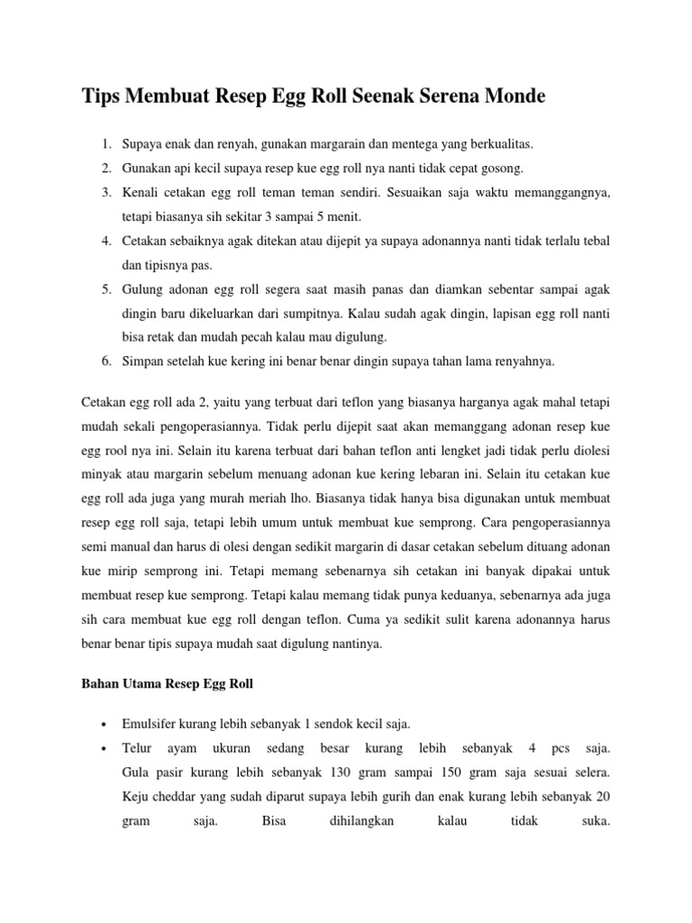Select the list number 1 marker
[106, 144]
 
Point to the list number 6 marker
[106, 361]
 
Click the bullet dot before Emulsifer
[106, 725]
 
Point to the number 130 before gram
[329, 772]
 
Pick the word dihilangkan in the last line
[356, 821]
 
